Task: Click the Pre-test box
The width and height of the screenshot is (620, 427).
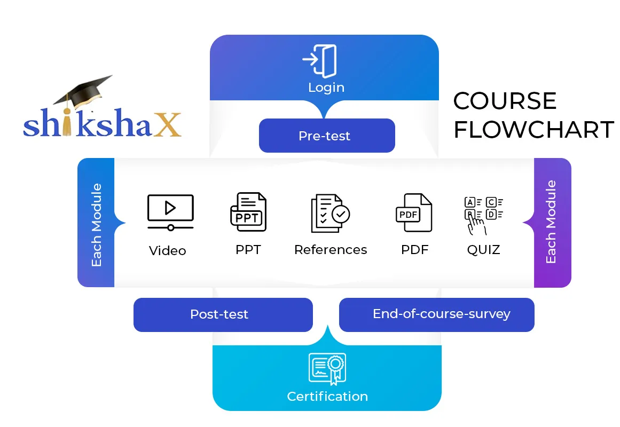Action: pos(326,136)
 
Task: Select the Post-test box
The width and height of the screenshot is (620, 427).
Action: pos(222,314)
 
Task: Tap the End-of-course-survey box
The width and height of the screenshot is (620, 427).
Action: pos(436,314)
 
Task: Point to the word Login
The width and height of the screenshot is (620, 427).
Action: pos(326,88)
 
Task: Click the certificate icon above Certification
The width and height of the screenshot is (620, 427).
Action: pos(327,369)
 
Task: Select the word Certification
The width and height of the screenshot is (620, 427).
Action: pos(327,397)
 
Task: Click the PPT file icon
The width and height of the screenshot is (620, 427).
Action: pos(248,212)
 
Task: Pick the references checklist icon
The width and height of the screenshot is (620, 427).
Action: pos(330,213)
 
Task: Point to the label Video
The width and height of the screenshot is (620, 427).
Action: pos(168,251)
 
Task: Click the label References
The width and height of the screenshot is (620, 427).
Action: pos(331,250)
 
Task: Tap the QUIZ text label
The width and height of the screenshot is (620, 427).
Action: pos(483,250)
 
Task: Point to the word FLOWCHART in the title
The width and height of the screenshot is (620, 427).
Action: pos(533,130)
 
